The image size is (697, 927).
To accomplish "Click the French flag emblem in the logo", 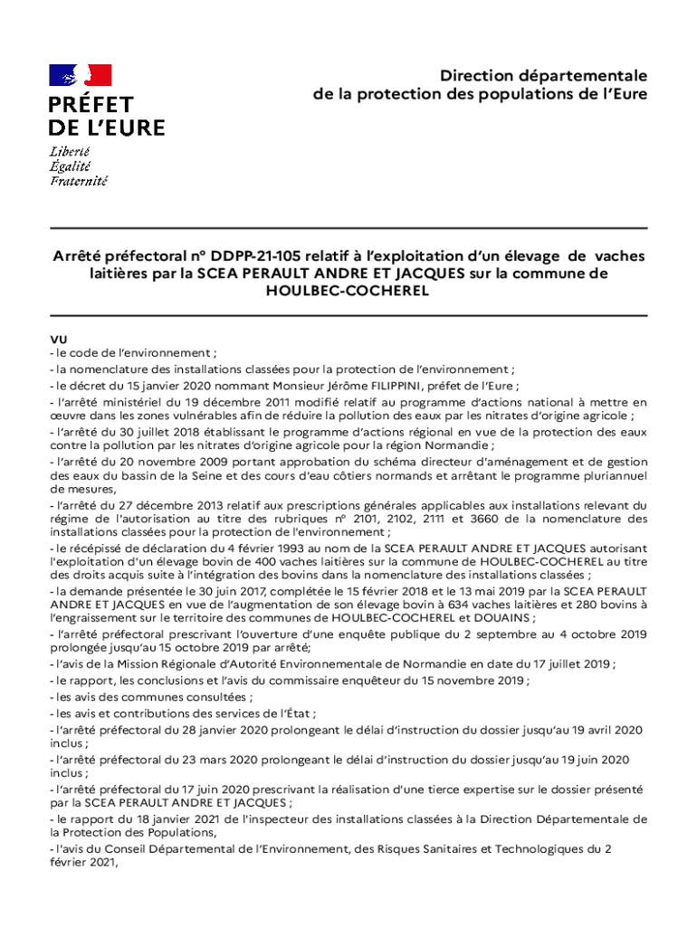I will point(81,76).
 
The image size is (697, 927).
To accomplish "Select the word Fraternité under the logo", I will point(78,181).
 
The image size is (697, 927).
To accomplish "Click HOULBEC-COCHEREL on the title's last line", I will point(348,291).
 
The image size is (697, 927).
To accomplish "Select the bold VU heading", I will point(58,339).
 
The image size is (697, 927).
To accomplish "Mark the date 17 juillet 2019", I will point(561,664).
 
